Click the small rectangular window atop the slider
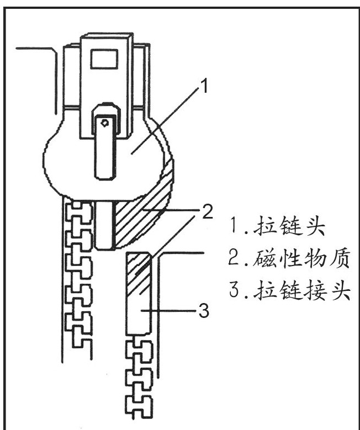click(x=105, y=57)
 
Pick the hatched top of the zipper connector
click(x=138, y=274)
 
